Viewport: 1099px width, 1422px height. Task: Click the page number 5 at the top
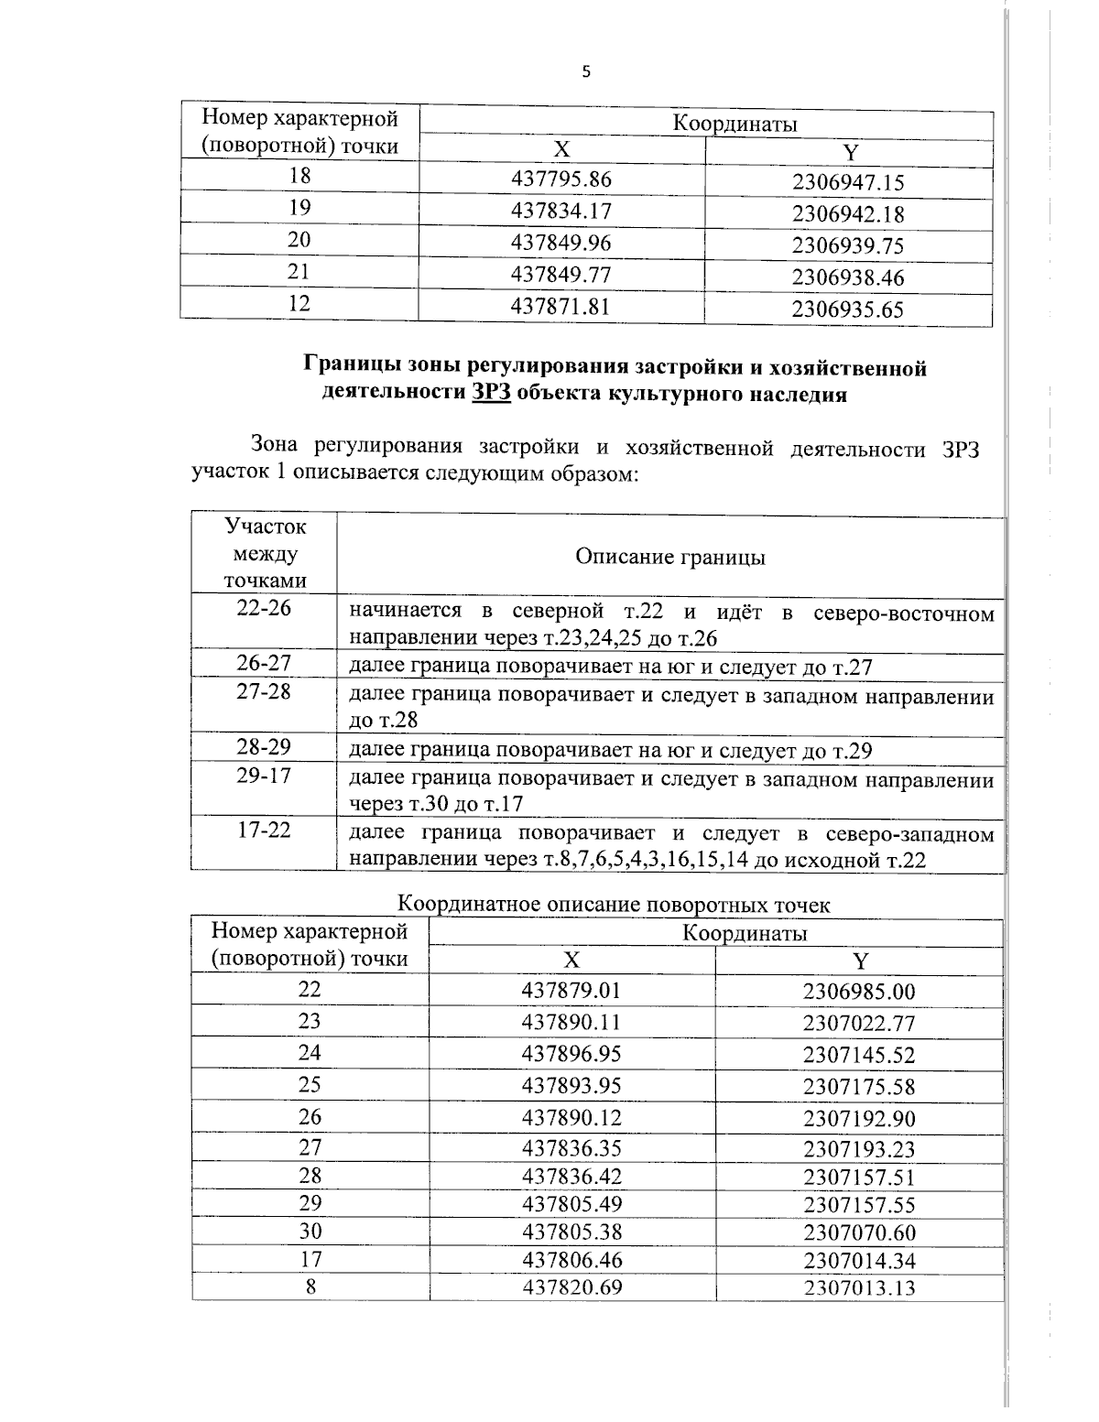tap(586, 72)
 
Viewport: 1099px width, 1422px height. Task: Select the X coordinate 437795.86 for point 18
tap(560, 179)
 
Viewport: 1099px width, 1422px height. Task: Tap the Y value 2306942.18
tap(847, 214)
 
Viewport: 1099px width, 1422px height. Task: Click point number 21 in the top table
tap(299, 272)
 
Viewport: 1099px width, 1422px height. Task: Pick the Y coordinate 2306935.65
tap(847, 309)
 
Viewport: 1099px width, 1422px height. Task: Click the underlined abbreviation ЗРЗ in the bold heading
tap(491, 394)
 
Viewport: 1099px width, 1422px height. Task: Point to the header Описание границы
tap(669, 557)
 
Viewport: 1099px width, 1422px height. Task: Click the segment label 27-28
tap(264, 692)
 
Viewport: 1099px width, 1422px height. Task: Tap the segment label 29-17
tap(264, 776)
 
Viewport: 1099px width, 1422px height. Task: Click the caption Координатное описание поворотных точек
tap(614, 905)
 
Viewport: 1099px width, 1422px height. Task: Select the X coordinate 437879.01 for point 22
tap(571, 990)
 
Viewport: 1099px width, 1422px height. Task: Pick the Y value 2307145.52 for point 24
tap(858, 1055)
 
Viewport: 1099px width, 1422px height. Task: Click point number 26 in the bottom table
tap(310, 1116)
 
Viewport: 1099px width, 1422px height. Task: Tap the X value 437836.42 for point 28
tap(571, 1176)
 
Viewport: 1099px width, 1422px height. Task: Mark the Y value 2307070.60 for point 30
tap(858, 1232)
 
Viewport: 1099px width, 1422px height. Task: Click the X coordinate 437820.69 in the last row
tap(571, 1287)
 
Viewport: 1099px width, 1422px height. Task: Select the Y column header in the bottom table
tap(859, 961)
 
